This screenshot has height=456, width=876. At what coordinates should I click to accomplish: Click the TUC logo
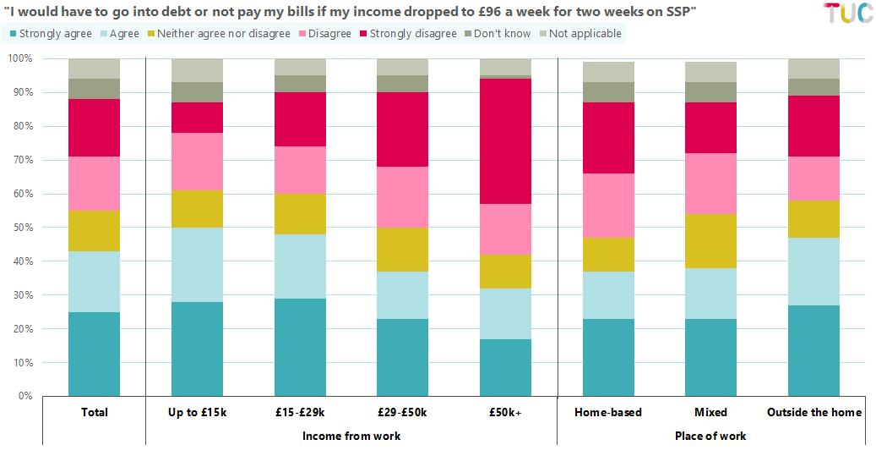(847, 14)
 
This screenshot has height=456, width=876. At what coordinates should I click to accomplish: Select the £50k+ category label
(505, 413)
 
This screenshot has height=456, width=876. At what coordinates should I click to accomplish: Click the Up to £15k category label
(197, 413)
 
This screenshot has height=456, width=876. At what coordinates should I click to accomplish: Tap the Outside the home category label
(813, 413)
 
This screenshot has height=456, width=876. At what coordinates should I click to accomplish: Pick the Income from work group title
(351, 437)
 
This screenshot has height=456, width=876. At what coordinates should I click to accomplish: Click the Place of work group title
(710, 437)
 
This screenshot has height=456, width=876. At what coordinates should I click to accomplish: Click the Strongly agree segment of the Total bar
(94, 354)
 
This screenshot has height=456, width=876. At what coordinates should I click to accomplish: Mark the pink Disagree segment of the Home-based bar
(608, 206)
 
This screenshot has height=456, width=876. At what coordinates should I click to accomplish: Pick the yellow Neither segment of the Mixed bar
(710, 241)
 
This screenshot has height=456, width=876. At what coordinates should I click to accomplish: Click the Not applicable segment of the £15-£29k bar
(300, 67)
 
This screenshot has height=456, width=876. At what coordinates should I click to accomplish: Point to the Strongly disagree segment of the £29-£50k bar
(402, 129)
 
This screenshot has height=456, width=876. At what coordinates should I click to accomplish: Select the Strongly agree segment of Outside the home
(813, 351)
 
